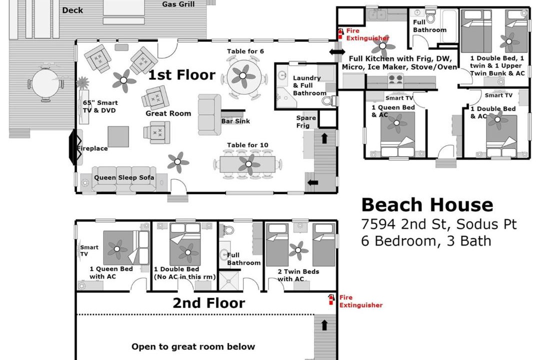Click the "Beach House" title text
427,204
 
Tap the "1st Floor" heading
181,75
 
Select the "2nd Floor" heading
208,303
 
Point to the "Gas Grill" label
178,4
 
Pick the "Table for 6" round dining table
243,76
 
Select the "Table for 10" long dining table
247,164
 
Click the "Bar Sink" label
235,121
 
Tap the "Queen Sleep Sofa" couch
124,179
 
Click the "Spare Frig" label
306,121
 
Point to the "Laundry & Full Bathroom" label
309,85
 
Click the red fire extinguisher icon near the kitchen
340,34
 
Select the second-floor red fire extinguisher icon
331,299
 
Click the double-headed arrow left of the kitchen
337,52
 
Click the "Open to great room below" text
193,346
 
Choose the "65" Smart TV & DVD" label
100,106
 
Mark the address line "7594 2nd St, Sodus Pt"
439,224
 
